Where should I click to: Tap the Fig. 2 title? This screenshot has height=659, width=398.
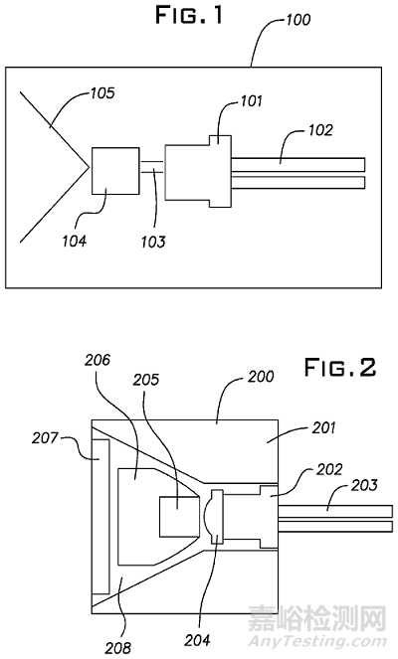click(x=340, y=367)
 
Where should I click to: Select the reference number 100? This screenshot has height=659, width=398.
click(x=298, y=19)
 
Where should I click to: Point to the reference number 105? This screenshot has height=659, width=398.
click(x=101, y=92)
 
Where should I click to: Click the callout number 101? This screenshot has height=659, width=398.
click(x=251, y=101)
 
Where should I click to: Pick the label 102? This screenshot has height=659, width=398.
click(x=321, y=130)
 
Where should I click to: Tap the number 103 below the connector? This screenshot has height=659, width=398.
click(x=153, y=242)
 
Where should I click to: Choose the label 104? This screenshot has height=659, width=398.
click(x=74, y=242)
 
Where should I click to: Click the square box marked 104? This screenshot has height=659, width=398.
click(x=115, y=171)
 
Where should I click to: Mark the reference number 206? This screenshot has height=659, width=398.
click(x=98, y=360)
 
